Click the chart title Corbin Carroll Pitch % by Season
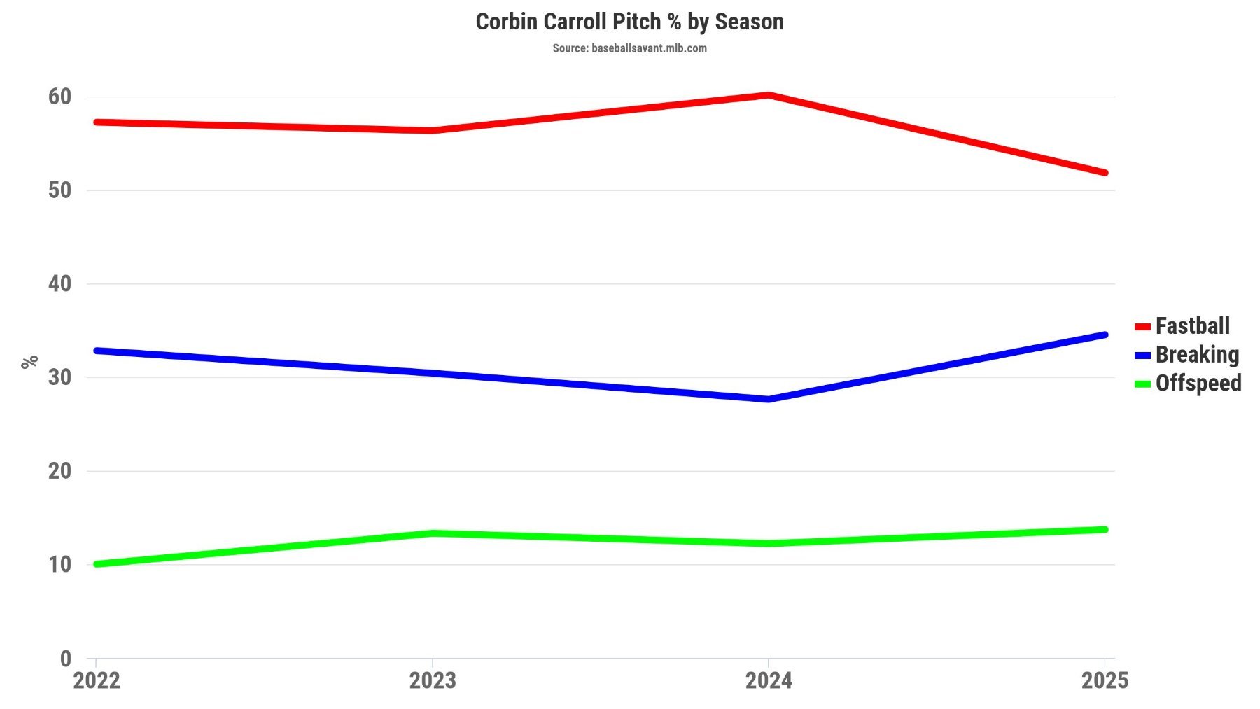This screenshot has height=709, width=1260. click(629, 22)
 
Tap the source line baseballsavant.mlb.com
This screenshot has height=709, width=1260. click(629, 48)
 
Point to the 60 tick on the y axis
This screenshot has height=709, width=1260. click(60, 97)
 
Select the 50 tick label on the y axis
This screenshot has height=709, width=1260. click(60, 190)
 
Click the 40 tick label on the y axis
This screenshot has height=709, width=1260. click(60, 283)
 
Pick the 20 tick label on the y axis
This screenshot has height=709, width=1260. click(60, 471)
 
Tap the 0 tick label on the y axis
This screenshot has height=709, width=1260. click(66, 658)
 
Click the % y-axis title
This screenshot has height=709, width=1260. click(29, 362)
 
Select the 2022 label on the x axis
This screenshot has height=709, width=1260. click(97, 680)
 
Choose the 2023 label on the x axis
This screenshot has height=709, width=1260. click(433, 680)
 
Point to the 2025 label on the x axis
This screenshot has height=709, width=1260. click(1105, 680)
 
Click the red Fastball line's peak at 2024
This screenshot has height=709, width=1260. click(769, 95)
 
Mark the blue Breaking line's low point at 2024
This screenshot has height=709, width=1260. click(769, 399)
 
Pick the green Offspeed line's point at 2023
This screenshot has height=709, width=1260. click(433, 533)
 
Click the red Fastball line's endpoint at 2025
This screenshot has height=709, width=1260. click(1105, 173)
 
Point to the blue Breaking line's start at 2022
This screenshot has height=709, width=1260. click(97, 351)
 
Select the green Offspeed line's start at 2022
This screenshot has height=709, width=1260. click(97, 563)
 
